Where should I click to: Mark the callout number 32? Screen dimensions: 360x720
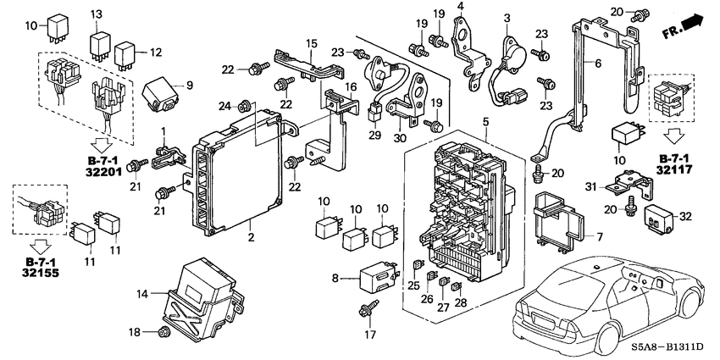[686, 216]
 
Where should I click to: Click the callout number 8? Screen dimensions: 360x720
[335, 277]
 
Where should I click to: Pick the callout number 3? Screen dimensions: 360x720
[507, 18]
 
